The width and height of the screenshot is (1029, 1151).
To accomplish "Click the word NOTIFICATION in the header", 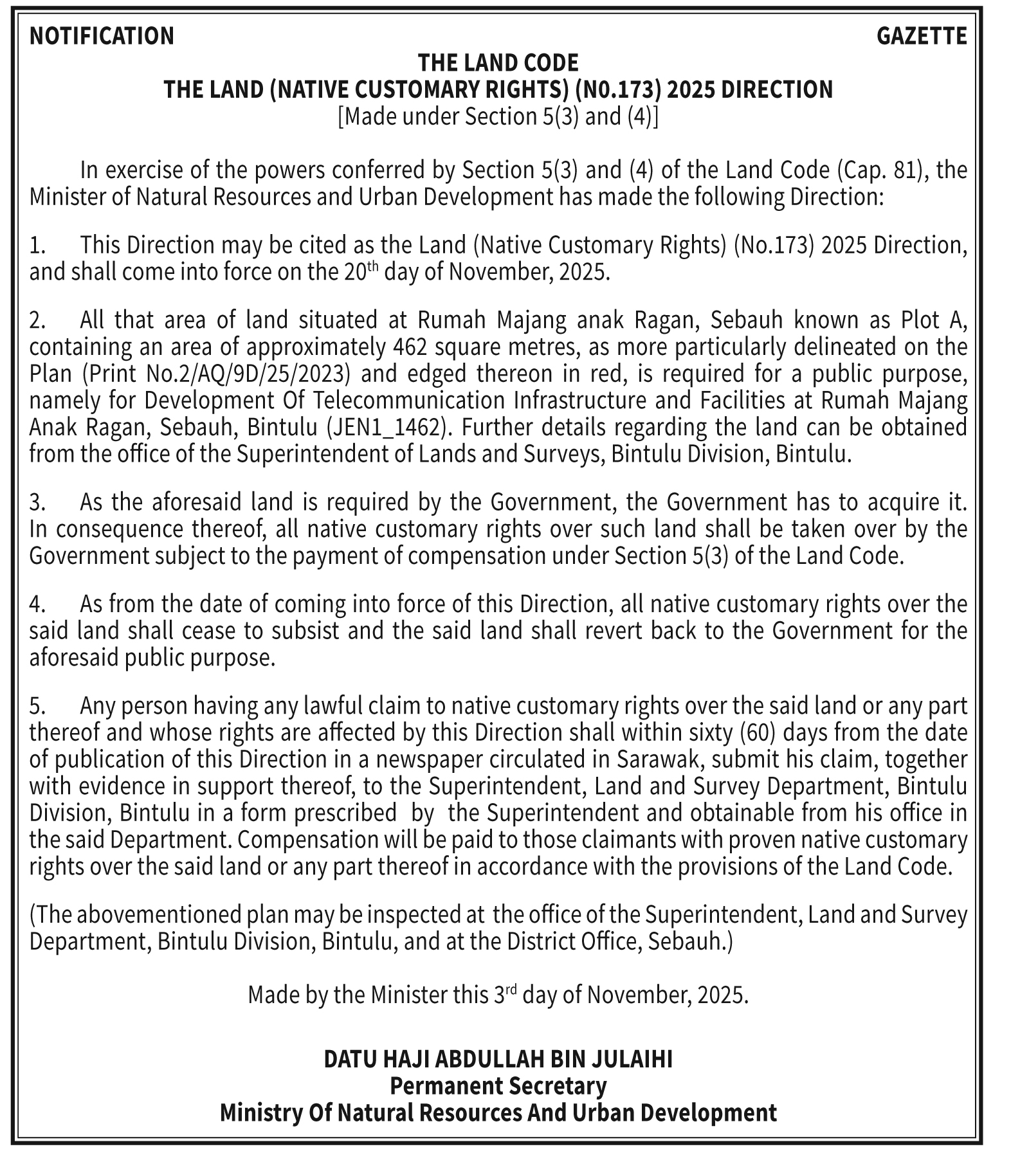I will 102,36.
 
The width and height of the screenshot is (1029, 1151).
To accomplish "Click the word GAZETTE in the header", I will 921,36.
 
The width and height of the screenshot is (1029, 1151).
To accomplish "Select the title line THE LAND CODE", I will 498,63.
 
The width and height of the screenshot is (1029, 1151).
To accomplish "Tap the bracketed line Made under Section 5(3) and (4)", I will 498,116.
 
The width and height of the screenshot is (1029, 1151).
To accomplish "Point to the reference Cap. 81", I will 882,170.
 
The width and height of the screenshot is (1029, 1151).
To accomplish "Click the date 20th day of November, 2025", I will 476,272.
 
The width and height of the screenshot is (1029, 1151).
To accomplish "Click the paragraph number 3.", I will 37,502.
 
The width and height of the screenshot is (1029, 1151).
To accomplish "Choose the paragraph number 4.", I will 37,604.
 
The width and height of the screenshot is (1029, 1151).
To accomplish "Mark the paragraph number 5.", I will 37,706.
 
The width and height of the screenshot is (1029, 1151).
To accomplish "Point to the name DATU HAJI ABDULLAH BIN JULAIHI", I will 498,1059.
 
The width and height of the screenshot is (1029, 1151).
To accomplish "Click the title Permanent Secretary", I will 498,1086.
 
